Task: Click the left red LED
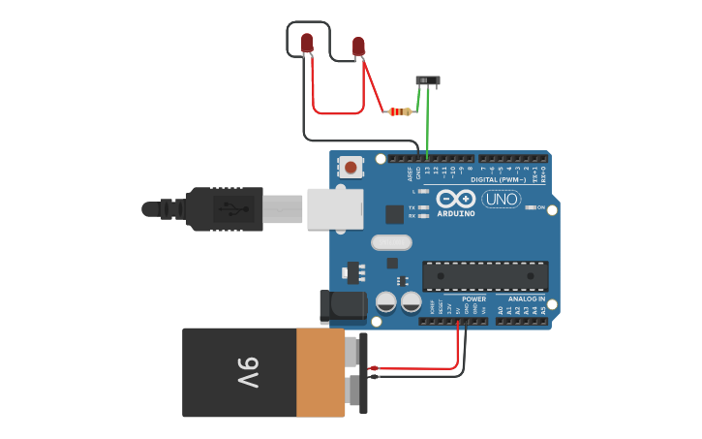[307, 43]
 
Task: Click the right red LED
[358, 46]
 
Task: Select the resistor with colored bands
[399, 111]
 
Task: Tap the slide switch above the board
[427, 80]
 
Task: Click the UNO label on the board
[501, 199]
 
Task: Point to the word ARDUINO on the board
[455, 213]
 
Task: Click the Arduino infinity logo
[455, 198]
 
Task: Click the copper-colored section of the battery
[320, 372]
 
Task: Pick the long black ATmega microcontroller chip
[485, 276]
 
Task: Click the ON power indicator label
[540, 206]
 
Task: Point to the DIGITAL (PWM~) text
[499, 179]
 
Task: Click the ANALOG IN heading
[527, 298]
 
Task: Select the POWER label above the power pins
[473, 298]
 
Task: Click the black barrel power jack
[343, 306]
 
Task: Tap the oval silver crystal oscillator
[391, 242]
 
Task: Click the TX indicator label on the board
[412, 207]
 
